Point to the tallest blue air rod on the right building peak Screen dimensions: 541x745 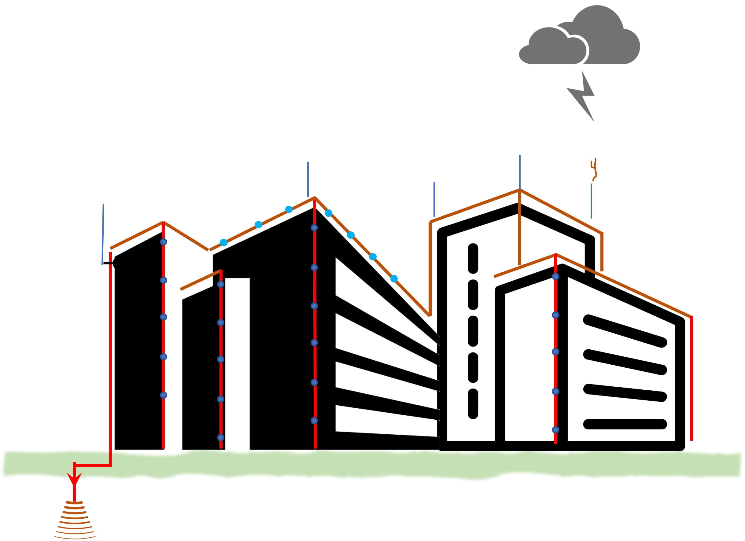(x=520, y=172)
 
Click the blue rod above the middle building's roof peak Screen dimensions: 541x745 (x=308, y=179)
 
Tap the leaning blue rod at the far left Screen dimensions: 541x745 (x=103, y=234)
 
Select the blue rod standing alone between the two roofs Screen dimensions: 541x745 (x=434, y=199)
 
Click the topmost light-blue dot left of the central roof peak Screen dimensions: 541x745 (x=289, y=209)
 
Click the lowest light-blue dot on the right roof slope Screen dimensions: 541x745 (x=394, y=278)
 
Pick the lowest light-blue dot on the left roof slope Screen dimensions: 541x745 (x=223, y=242)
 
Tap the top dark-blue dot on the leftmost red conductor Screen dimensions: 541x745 (x=163, y=242)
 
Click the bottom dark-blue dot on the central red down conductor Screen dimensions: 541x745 (x=314, y=421)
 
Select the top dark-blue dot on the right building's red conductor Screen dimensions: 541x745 (x=555, y=276)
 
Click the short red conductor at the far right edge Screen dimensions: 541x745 (x=692, y=378)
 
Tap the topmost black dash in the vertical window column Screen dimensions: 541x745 (x=473, y=258)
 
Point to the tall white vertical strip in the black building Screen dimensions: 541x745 (x=237, y=363)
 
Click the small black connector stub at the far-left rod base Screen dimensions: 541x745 (x=108, y=263)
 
